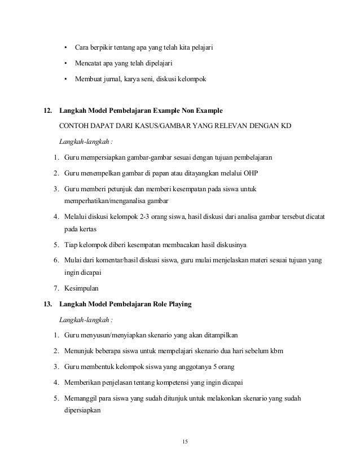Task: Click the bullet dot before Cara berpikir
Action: click(x=65, y=46)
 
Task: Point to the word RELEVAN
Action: click(x=222, y=126)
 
